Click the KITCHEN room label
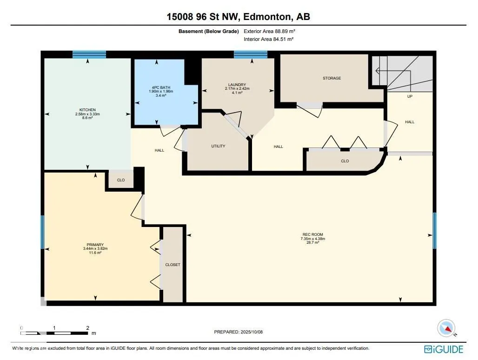pyautogui.click(x=87, y=110)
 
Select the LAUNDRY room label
pyautogui.click(x=237, y=85)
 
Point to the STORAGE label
pyautogui.click(x=332, y=78)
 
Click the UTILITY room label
pyautogui.click(x=218, y=146)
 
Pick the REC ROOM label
pyautogui.click(x=313, y=234)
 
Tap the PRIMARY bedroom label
pyautogui.click(x=95, y=245)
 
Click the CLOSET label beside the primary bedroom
pyautogui.click(x=173, y=265)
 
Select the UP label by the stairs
pyautogui.click(x=410, y=96)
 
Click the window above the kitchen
pyautogui.click(x=89, y=54)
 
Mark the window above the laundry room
pyautogui.click(x=251, y=54)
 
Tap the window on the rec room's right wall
pyautogui.click(x=434, y=231)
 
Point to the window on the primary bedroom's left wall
pyautogui.click(x=43, y=232)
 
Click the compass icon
pyautogui.click(x=446, y=328)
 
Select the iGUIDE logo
pyautogui.click(x=444, y=349)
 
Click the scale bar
pyautogui.click(x=54, y=333)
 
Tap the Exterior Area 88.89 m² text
pyautogui.click(x=270, y=31)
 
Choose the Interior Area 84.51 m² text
pyautogui.click(x=269, y=39)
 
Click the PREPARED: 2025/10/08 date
pyautogui.click(x=239, y=332)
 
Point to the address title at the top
pyautogui.click(x=239, y=16)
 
